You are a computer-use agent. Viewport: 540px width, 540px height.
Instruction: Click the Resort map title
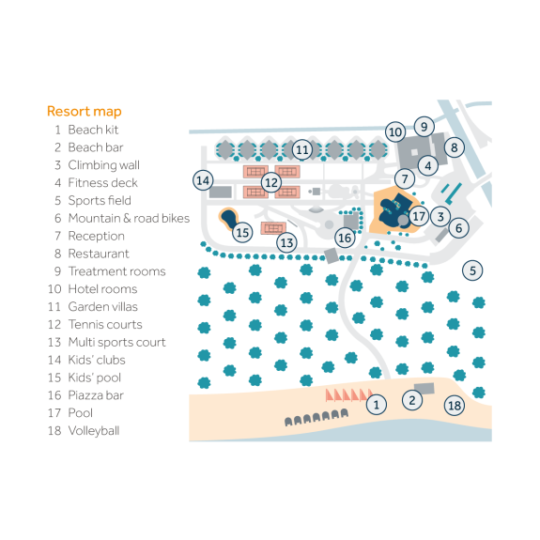(84, 112)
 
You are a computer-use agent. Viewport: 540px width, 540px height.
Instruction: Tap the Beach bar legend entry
(95, 147)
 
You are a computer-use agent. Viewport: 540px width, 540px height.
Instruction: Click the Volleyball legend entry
(93, 431)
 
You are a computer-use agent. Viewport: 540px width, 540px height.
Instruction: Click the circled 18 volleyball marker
(455, 406)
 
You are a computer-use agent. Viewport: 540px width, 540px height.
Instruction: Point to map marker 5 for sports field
(473, 270)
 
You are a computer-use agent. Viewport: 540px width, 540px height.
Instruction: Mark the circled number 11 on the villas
(301, 149)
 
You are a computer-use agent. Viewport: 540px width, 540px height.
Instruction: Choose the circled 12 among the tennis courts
(271, 181)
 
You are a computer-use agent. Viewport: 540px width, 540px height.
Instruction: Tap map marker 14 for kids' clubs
(203, 179)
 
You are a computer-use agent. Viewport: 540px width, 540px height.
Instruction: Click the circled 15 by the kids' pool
(242, 232)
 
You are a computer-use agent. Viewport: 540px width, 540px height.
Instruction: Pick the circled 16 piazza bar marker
(345, 238)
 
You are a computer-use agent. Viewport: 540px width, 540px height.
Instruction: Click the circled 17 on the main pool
(419, 216)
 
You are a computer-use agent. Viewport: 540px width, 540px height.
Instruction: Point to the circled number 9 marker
(424, 126)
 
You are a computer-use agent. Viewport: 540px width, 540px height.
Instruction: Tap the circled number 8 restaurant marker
(454, 147)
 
